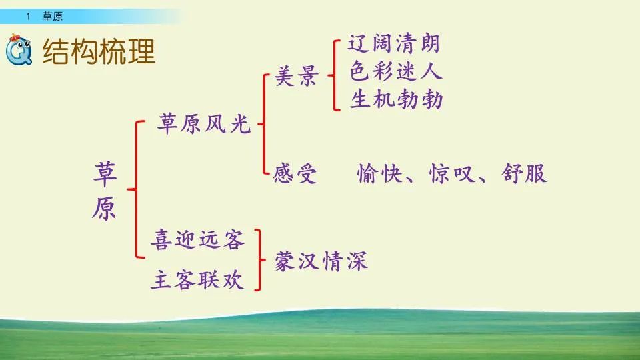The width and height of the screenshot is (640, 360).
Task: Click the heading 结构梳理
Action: pyautogui.click(x=99, y=50)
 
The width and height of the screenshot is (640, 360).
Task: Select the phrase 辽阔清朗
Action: pyautogui.click(x=394, y=45)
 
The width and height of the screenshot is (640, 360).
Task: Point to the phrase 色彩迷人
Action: pyautogui.click(x=395, y=72)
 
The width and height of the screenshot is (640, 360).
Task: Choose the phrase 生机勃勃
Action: pyautogui.click(x=396, y=99)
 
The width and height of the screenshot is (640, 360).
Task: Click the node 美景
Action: pyautogui.click(x=296, y=79)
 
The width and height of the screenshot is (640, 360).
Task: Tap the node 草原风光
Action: pyautogui.click(x=205, y=124)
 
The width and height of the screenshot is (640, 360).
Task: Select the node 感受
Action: pyautogui.click(x=295, y=174)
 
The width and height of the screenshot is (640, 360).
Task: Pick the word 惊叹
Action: pyautogui.click(x=452, y=173)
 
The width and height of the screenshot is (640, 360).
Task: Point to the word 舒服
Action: pyautogui.click(x=525, y=173)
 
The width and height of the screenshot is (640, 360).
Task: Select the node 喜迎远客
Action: pyautogui.click(x=197, y=239)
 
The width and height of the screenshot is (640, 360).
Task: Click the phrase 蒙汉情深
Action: pyautogui.click(x=321, y=260)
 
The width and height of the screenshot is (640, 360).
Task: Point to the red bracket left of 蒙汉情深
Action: pyautogui.click(x=258, y=260)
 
